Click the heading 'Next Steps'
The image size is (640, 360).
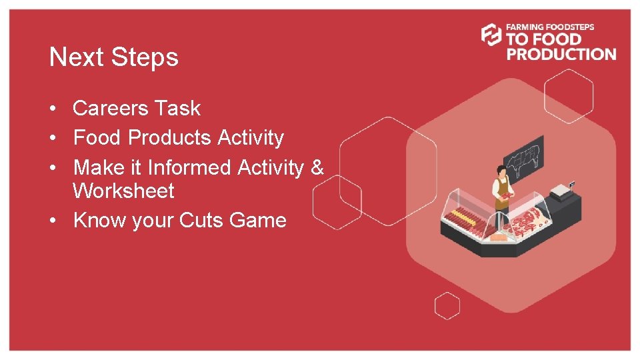(x=113, y=57)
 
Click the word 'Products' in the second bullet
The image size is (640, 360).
(x=169, y=138)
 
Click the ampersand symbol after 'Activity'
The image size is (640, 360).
(x=317, y=167)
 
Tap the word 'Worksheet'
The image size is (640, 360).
(x=123, y=191)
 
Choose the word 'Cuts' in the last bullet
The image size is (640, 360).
(x=203, y=220)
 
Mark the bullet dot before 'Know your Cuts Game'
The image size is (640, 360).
(x=52, y=221)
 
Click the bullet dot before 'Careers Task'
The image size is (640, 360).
(x=52, y=109)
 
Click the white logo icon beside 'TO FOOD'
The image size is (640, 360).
(x=491, y=35)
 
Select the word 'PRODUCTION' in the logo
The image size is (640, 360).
(x=561, y=54)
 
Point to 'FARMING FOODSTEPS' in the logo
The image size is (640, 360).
(x=550, y=27)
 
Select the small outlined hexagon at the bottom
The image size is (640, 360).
(x=447, y=306)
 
